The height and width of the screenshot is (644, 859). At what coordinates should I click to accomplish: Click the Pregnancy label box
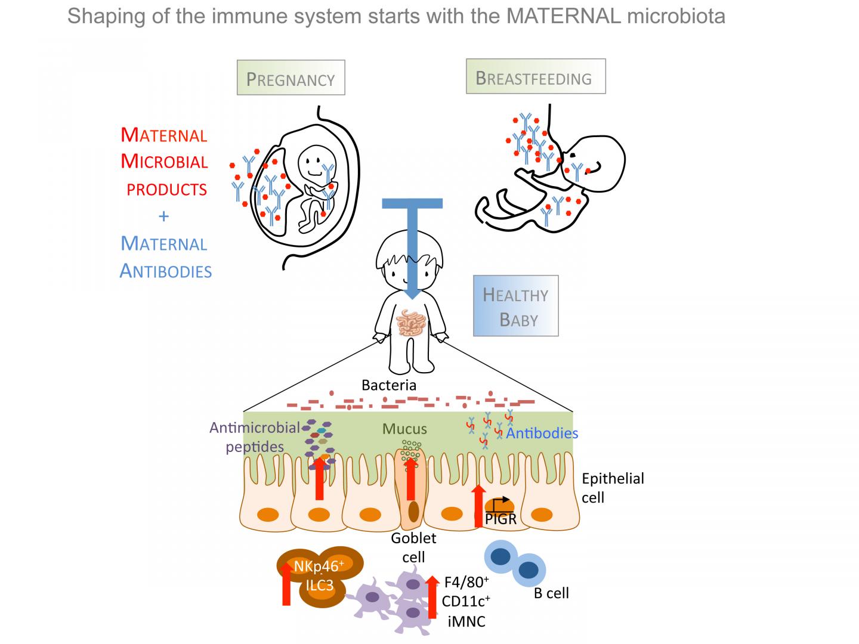[x=291, y=78]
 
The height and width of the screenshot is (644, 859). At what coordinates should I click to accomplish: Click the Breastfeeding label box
[x=535, y=77]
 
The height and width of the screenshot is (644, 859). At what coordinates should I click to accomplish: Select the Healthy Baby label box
[x=515, y=306]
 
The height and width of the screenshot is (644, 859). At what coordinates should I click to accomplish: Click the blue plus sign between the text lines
[x=164, y=216]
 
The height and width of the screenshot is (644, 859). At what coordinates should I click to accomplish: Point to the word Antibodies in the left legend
[x=166, y=271]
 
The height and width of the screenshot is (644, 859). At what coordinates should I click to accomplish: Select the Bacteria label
[x=389, y=385]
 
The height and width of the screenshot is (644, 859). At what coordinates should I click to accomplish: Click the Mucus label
[x=404, y=429]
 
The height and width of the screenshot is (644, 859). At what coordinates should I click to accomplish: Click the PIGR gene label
[x=500, y=519]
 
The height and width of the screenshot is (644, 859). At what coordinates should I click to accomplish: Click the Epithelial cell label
[x=612, y=488]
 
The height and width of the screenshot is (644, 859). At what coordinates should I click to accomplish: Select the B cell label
[x=551, y=593]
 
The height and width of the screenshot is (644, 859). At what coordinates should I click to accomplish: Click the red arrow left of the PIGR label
[x=478, y=506]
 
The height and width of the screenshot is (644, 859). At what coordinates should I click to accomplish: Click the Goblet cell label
[x=413, y=547]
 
